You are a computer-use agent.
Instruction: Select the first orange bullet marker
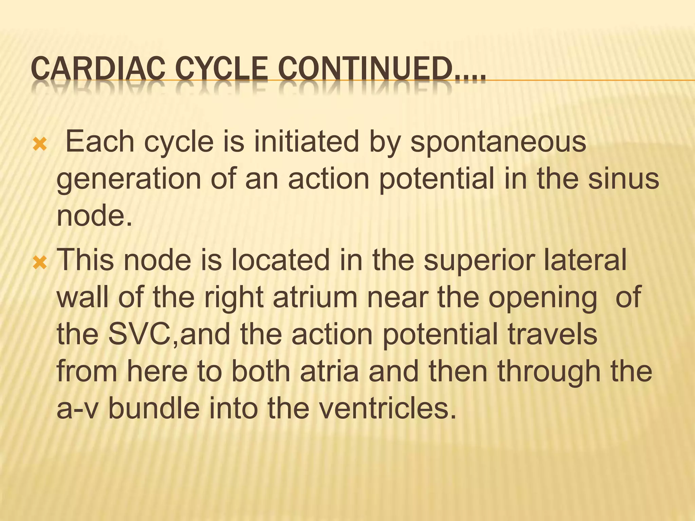[40, 145]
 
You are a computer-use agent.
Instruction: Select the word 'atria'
[330, 371]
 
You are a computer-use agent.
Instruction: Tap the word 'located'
[280, 259]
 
